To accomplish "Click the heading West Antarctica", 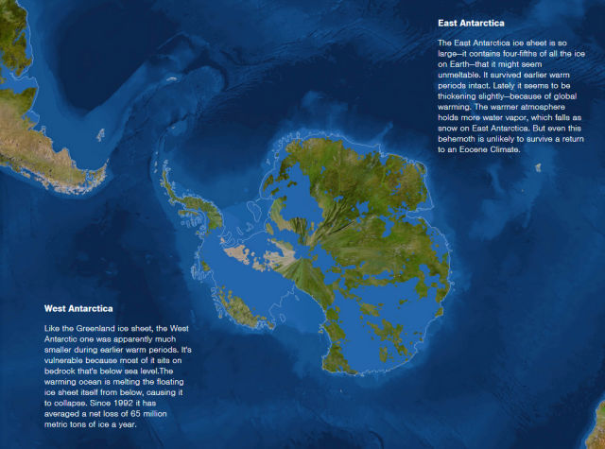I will (x=78, y=308).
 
